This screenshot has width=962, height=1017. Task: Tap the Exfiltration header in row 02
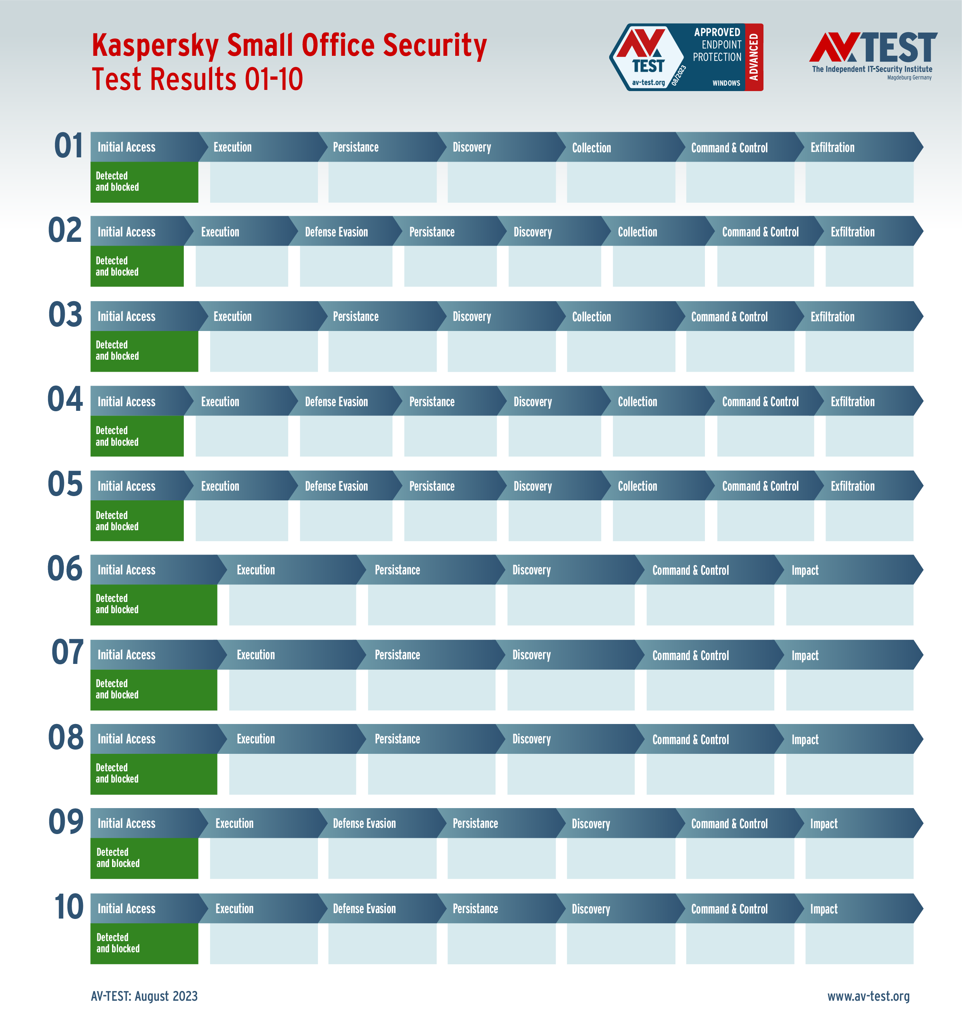point(852,232)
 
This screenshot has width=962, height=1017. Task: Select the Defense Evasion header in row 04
point(337,402)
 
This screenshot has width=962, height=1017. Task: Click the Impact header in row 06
point(805,570)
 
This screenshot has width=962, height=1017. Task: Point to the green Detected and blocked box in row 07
point(153,689)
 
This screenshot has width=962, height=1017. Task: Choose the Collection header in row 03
point(591,317)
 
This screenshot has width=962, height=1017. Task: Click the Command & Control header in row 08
point(690,739)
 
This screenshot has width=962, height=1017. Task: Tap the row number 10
point(68,907)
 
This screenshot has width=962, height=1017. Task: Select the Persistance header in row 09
point(475,824)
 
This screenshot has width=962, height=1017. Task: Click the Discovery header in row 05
point(532,486)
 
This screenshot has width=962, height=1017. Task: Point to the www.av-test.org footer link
point(868,996)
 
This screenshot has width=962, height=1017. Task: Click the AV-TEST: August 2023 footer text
point(144,996)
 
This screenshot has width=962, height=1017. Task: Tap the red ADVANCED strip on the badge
point(753,57)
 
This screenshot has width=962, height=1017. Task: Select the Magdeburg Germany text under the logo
point(909,78)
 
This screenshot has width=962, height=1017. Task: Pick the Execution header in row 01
point(232,147)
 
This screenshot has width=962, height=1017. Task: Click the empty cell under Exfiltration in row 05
point(869,521)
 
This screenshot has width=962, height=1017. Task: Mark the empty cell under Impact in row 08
point(849,774)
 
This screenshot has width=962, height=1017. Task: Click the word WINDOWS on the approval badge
point(726,83)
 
